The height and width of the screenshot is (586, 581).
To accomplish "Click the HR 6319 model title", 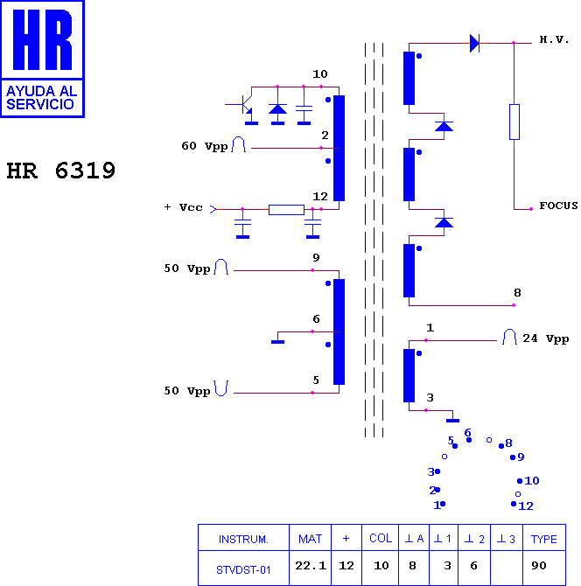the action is [x=61, y=171].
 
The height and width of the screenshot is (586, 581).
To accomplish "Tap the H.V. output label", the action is [x=554, y=39].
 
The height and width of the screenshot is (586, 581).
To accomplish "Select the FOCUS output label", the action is [x=558, y=206].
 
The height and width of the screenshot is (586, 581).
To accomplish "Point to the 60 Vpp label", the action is [x=205, y=146].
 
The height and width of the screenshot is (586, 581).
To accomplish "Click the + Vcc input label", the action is [x=183, y=207].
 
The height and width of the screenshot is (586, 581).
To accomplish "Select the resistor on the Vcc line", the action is [x=286, y=210].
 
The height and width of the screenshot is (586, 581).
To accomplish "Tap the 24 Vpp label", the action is [x=545, y=338].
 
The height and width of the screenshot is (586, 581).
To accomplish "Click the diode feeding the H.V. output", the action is [x=475, y=43].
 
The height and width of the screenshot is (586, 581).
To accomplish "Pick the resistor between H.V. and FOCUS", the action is [x=514, y=122].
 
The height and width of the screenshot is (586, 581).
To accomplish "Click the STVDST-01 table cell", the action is [x=243, y=569].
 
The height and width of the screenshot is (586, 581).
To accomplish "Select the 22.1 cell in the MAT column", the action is [x=311, y=565].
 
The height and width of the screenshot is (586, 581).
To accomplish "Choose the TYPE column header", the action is [x=544, y=539].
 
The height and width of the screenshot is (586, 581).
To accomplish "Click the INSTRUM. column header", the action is [x=243, y=539].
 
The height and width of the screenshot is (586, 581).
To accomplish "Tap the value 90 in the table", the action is [x=539, y=565].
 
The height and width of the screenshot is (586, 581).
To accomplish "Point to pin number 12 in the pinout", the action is [x=526, y=506].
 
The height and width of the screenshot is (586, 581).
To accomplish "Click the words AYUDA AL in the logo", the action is [x=41, y=91].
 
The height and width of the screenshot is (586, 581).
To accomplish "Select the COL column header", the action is [x=381, y=538].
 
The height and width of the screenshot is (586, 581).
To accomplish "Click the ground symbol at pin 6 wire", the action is [x=277, y=342].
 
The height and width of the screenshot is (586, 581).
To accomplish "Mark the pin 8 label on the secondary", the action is [x=517, y=293].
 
